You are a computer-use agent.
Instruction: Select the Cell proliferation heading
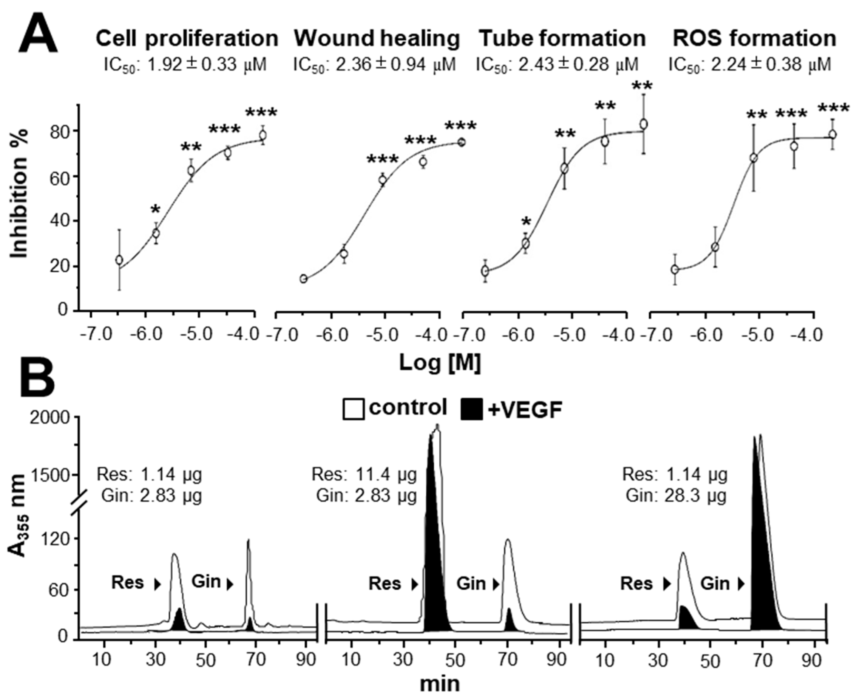coord(187,39)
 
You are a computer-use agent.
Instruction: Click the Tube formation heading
coord(562,39)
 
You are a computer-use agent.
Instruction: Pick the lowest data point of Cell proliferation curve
coord(119,260)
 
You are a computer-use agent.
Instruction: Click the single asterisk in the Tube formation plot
coord(526,222)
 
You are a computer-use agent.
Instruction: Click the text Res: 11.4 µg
coord(364,475)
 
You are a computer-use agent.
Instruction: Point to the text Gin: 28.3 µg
coord(676,496)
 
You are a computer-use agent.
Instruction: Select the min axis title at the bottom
coord(440,683)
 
